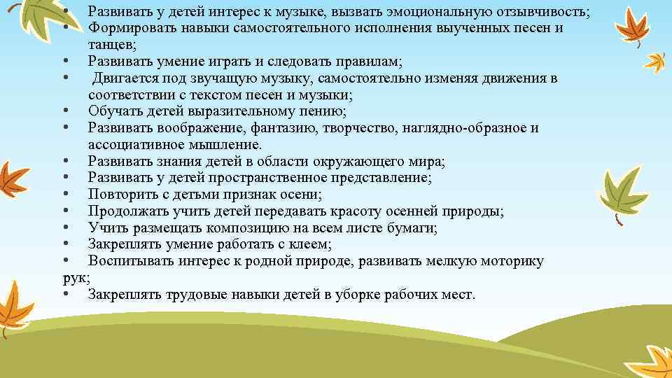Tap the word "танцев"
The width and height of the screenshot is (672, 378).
[111, 45]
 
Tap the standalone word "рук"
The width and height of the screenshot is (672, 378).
[75, 278]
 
